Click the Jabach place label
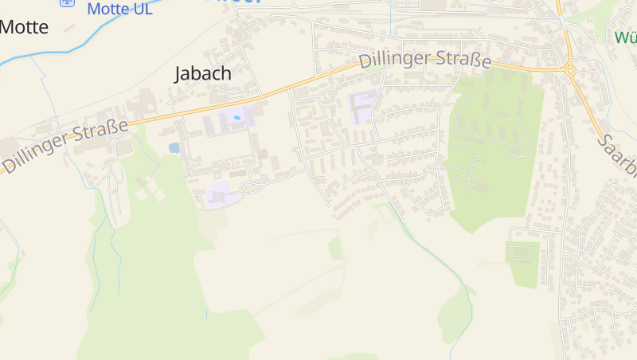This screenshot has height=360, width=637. (203, 73)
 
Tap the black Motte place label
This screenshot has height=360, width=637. (24, 27)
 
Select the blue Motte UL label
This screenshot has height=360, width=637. (119, 9)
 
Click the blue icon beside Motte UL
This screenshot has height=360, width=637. (68, 2)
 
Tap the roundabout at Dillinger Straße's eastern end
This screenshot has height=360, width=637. (569, 71)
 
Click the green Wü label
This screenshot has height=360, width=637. (625, 37)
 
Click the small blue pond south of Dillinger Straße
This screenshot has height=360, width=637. (174, 147)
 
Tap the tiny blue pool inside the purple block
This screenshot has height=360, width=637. (237, 119)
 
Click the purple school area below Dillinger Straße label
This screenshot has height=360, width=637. (363, 106)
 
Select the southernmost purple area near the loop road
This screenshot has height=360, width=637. (219, 194)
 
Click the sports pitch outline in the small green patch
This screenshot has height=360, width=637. (521, 252)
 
